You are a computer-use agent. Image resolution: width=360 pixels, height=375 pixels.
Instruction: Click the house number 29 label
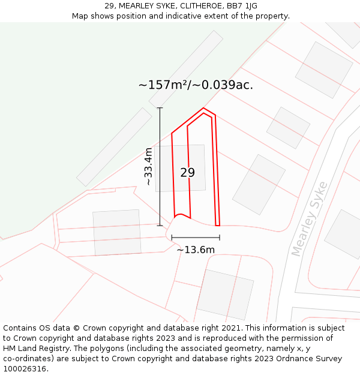tap(187, 173)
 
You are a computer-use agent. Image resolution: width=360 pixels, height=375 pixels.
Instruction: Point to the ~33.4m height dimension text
tap(149, 166)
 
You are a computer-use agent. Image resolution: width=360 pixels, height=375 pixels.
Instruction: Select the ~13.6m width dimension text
tap(195, 250)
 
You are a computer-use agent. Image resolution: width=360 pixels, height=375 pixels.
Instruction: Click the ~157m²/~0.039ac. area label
tap(196, 85)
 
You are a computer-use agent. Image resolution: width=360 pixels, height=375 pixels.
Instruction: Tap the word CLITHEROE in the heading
tap(191, 6)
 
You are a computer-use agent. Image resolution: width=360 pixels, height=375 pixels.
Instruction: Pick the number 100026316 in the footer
tap(25, 368)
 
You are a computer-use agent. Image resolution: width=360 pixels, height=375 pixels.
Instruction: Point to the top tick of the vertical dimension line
tap(160, 108)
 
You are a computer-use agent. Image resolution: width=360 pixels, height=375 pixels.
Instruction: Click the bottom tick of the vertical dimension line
tap(160, 226)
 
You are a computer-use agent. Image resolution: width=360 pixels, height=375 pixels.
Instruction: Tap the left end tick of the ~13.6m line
tap(172, 238)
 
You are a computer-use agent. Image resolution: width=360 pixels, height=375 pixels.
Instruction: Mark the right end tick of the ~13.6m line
tap(220, 238)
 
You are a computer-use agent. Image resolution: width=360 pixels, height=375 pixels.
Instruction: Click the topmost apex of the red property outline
tap(204, 108)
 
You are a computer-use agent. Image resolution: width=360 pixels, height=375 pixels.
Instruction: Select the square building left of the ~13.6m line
tap(116, 232)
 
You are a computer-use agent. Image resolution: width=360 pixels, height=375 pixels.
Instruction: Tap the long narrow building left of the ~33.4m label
tap(114, 147)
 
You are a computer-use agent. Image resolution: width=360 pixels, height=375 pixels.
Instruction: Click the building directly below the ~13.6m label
tap(224, 293)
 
